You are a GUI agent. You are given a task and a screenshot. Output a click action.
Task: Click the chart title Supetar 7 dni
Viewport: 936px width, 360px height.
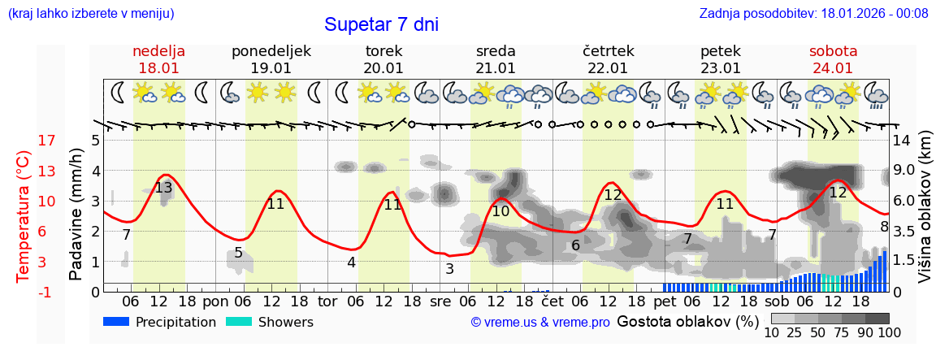(381, 24)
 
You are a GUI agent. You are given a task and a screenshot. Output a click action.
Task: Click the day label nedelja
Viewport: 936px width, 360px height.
(158, 51)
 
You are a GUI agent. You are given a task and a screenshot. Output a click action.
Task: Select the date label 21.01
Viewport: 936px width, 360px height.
(496, 68)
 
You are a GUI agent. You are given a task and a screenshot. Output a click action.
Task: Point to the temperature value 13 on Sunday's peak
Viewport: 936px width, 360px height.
(163, 188)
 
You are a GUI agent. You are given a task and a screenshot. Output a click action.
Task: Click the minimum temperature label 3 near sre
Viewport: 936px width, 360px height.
(449, 268)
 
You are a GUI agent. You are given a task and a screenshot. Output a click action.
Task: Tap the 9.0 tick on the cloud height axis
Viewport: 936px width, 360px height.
(905, 171)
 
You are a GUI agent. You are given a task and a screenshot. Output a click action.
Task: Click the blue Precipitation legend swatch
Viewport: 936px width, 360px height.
(117, 322)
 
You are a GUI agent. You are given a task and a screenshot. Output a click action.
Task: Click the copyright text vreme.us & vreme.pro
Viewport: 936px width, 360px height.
(540, 323)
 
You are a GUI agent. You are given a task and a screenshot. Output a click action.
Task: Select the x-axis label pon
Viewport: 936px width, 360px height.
(215, 301)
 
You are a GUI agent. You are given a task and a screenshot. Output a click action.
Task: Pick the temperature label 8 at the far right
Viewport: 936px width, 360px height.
(884, 227)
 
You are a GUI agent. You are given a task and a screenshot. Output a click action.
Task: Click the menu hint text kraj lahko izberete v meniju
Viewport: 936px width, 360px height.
(91, 13)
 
